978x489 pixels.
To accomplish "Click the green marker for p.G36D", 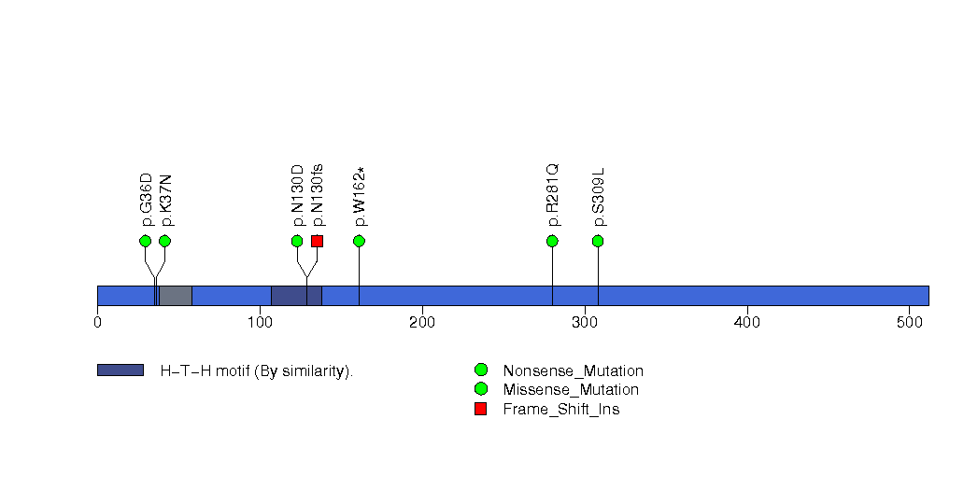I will pos(145,241).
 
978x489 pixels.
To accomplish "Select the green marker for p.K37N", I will pos(164,241).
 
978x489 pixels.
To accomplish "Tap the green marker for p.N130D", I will pos(297,241).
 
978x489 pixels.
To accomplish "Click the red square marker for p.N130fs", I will pos(317,241).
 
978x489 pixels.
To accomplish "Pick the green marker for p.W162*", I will pos(359,241).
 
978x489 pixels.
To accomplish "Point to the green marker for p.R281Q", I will pos(552,241).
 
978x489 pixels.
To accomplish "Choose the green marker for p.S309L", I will pos(598,241).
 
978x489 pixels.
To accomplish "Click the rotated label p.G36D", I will pos(146,199).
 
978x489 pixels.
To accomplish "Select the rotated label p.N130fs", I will pos(318,194).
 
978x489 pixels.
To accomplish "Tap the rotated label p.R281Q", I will pos(553,195).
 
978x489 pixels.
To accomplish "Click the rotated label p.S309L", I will pos(599,197).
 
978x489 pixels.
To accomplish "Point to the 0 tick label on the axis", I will pos(97,323).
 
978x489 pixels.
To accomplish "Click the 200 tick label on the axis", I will pos(422,323).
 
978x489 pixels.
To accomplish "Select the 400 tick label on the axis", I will pos(747,323).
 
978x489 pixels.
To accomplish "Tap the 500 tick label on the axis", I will pos(910,323).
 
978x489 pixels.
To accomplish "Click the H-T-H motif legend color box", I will pos(120,370).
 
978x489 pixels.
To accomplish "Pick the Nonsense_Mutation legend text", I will pos(573,370).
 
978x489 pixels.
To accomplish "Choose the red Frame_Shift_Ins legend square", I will pos(480,409).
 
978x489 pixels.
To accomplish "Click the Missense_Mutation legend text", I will pos(571,389).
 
